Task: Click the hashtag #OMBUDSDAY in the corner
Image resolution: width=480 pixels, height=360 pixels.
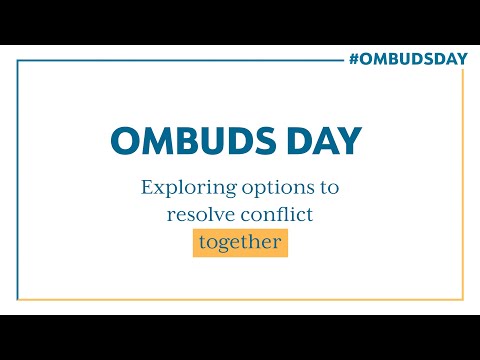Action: tap(408, 58)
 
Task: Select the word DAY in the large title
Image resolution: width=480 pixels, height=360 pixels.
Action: tap(325, 141)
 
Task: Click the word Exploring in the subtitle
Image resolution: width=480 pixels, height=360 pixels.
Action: tap(183, 188)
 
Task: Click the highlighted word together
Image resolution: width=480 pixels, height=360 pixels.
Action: tap(240, 242)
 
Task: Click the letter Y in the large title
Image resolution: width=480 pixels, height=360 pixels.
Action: tap(349, 141)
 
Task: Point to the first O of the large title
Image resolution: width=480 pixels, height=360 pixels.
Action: tap(125, 141)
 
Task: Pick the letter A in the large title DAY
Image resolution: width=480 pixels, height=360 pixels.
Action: tap(325, 141)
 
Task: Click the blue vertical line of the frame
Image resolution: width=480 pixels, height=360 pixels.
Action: tap(18, 180)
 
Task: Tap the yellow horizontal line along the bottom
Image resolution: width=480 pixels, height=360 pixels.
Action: tap(240, 299)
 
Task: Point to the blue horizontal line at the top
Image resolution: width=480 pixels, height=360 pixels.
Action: tap(180, 60)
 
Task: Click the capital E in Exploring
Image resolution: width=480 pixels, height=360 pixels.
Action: tap(148, 188)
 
